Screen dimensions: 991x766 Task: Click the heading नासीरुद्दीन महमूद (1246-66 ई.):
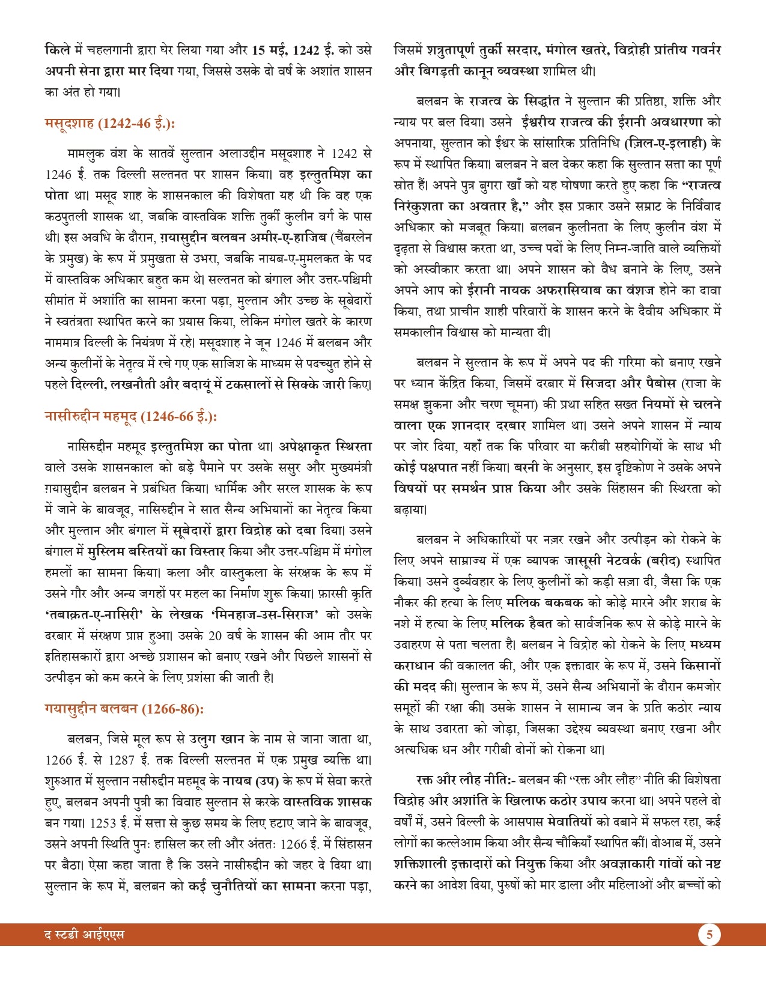click(130, 416)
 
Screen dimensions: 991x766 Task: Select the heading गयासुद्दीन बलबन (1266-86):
click(124, 709)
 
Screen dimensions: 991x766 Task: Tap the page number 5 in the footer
click(709, 935)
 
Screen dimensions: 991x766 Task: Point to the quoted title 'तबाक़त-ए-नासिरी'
click(94, 614)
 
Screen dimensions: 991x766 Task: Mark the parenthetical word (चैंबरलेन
click(351, 237)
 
